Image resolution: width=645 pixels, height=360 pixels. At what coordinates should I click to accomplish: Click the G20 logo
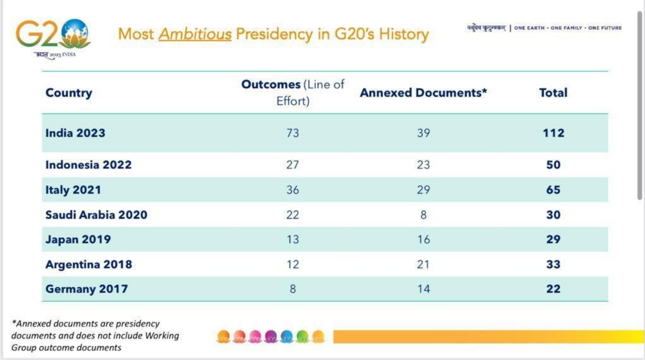53,36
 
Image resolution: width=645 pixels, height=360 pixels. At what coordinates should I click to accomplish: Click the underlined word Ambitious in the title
195,34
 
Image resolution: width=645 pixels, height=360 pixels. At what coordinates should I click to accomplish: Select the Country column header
68,93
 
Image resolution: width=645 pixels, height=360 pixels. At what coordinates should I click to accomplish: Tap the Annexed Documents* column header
423,93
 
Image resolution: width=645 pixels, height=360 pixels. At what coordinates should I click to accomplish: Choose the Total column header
553,93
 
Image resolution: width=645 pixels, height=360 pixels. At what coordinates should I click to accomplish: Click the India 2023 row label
75,133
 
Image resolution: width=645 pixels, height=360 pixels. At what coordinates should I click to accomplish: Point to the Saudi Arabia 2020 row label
96,215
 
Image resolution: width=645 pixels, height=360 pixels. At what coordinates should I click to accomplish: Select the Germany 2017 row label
86,289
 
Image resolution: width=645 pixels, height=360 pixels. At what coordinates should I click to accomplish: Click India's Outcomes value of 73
292,133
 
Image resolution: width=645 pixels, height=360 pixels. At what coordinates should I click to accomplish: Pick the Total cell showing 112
553,133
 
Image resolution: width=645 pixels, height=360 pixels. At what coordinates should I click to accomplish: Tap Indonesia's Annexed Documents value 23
423,165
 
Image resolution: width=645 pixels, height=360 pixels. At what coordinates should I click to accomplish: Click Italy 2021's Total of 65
553,190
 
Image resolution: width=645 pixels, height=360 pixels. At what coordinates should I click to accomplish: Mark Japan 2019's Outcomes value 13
292,240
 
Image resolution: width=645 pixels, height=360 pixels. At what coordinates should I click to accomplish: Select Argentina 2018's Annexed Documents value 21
423,264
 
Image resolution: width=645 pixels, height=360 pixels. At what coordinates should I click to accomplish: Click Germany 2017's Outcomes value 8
292,289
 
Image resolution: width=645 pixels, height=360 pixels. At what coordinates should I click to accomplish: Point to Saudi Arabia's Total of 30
553,215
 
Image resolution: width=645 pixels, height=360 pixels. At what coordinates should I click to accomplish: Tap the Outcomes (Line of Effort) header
293,93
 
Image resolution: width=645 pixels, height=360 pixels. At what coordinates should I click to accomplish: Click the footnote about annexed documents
95,335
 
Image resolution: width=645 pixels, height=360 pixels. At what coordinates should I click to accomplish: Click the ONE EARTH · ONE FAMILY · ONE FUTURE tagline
568,28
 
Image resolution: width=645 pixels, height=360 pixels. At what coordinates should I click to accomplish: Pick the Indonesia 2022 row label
88,165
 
